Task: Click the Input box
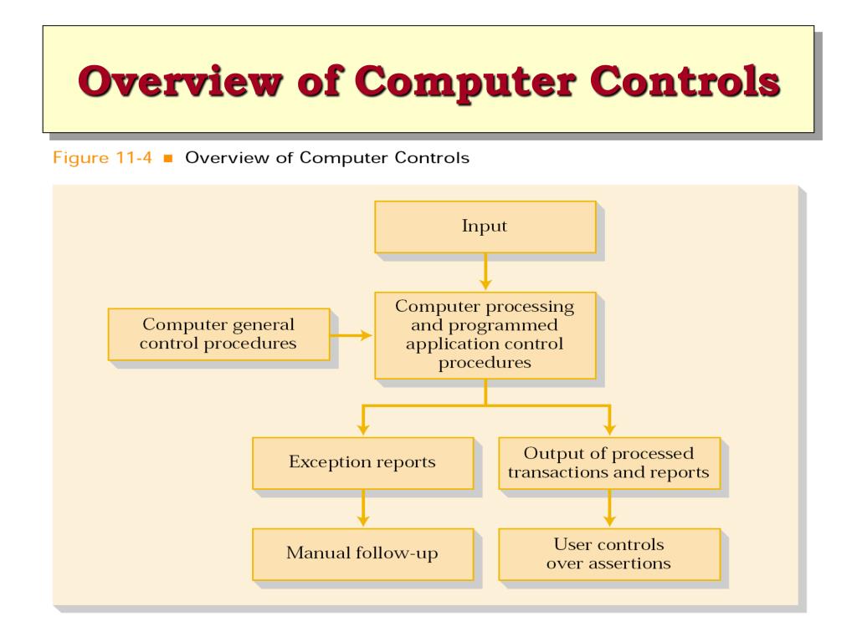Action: [485, 227]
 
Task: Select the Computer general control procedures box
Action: [218, 334]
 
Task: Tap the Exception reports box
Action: [362, 462]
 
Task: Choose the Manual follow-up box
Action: [362, 553]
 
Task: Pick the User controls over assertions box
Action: [608, 553]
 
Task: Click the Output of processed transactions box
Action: [608, 462]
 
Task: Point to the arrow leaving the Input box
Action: [485, 272]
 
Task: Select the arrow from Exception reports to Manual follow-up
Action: [362, 507]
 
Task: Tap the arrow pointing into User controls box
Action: [608, 507]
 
